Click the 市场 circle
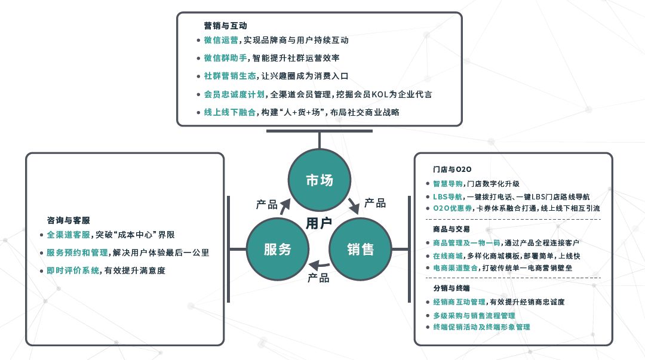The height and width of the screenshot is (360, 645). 320,180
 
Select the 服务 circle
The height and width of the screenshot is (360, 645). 278,249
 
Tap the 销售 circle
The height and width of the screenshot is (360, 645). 361,249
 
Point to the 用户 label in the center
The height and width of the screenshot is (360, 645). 319,223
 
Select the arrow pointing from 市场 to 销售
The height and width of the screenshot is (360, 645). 354,205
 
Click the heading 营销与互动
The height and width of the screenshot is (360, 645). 225,26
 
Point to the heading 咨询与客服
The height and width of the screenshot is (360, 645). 69,220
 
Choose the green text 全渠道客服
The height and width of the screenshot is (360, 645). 68,235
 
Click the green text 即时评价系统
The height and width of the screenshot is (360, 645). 73,270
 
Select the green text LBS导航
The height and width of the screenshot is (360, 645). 447,196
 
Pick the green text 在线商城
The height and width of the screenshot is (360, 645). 447,256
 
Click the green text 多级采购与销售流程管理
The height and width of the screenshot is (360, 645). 474,315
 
